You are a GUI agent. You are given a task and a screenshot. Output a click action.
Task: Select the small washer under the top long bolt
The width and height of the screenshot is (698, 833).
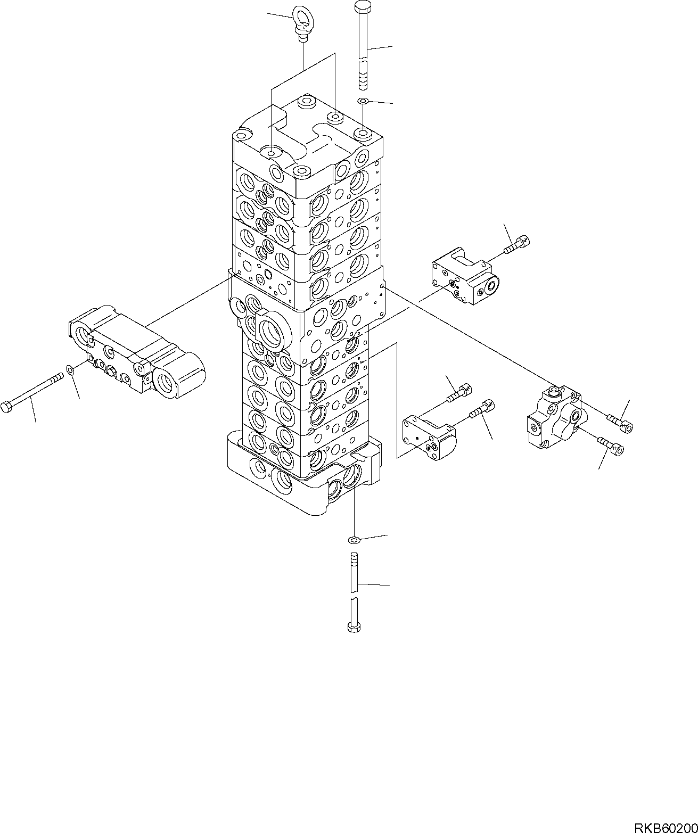[363, 101]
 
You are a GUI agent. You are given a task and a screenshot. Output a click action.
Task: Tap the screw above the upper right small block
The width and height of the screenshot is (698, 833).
[515, 244]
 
